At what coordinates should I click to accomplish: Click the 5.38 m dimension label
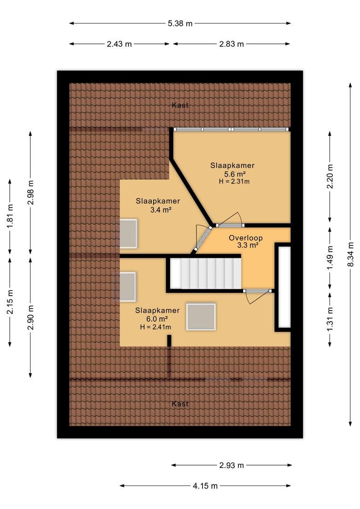tap(180, 24)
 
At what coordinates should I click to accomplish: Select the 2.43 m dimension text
tap(119, 44)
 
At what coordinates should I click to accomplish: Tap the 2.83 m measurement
tap(231, 44)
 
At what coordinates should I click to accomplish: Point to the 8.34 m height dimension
tap(350, 254)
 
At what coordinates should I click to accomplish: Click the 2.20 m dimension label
tap(330, 176)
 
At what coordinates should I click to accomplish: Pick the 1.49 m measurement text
tap(330, 257)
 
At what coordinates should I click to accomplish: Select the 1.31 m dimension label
tap(330, 320)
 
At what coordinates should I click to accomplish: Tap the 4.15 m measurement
tap(205, 485)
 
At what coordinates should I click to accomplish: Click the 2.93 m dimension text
tap(231, 465)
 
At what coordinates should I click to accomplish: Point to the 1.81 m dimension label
tap(10, 216)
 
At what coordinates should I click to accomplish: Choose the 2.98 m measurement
tap(31, 192)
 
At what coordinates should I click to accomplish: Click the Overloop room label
tap(245, 238)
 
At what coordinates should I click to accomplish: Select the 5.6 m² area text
tap(232, 174)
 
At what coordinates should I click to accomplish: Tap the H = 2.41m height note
tap(155, 327)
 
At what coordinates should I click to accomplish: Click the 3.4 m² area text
tap(160, 210)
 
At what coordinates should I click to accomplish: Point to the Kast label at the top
tap(180, 105)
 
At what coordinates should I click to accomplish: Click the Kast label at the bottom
tap(180, 403)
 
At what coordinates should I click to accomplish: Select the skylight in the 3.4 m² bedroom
tap(128, 234)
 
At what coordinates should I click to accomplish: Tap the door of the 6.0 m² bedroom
tap(257, 295)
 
